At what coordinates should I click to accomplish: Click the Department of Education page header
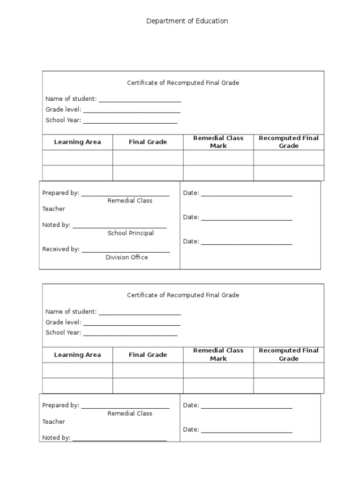coord(187,21)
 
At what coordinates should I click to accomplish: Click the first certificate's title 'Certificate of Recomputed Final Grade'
coord(183,83)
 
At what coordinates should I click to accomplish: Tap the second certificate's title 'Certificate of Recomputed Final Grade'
coord(183,295)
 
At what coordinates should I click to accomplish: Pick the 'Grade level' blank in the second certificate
coord(131,323)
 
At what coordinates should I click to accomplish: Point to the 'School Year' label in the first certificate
coord(63,120)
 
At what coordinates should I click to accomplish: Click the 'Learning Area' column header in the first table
coord(77,142)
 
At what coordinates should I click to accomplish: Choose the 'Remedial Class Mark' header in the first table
coord(218,142)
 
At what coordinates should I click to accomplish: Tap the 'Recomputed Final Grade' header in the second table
coord(289,354)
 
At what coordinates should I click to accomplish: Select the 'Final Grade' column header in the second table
coord(148,355)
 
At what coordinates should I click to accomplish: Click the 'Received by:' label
coord(61,249)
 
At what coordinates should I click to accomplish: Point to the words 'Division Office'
coord(127,257)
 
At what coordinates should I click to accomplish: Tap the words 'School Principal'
coord(131,233)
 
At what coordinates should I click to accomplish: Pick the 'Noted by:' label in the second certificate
coord(56,438)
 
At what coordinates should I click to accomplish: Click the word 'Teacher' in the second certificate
coord(53,421)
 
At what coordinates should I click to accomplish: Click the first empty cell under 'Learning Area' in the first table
coord(77,157)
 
